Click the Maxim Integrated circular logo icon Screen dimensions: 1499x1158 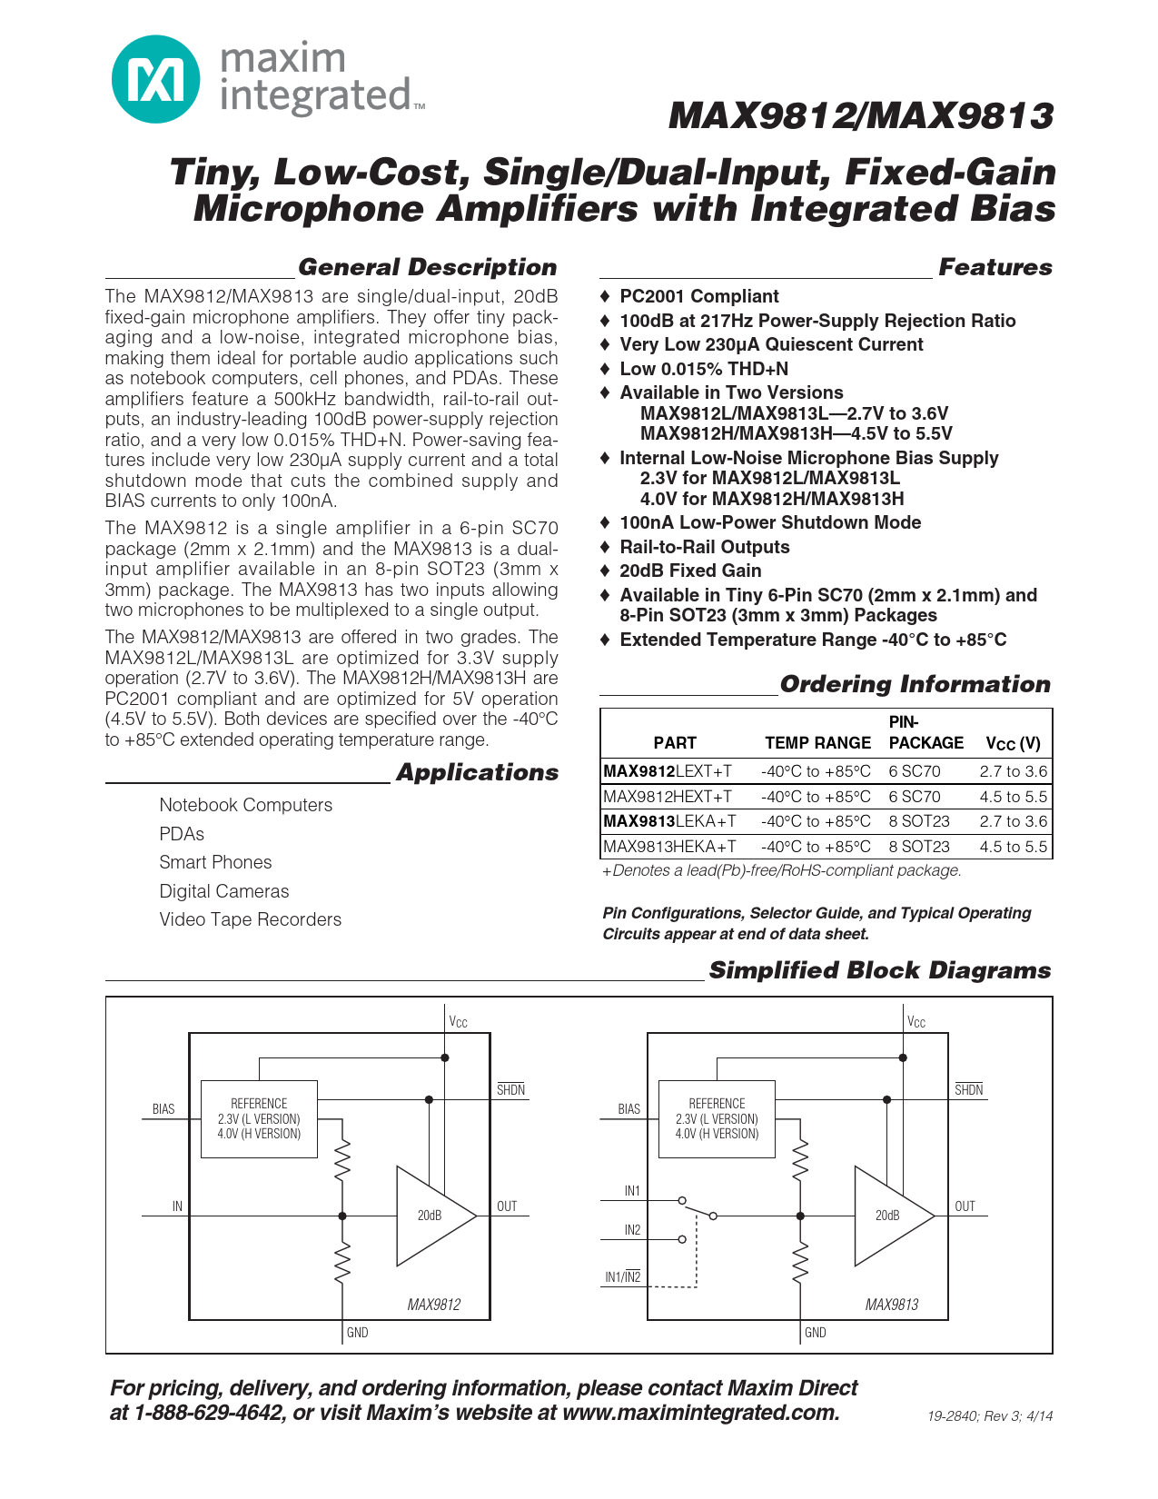click(155, 79)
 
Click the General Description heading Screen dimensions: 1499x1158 click(427, 267)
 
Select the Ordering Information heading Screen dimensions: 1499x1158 click(915, 684)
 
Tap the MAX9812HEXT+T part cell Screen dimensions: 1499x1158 click(668, 797)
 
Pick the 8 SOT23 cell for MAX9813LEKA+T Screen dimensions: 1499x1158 click(919, 821)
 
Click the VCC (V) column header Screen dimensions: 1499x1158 click(1013, 743)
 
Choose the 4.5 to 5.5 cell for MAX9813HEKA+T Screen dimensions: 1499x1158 click(1013, 847)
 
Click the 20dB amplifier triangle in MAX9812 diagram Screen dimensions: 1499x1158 click(432, 1216)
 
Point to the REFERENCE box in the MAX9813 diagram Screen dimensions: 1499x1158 click(717, 1118)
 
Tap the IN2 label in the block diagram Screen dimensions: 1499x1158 click(632, 1230)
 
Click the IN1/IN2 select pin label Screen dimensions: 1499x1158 click(623, 1277)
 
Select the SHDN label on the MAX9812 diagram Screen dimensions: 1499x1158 click(510, 1090)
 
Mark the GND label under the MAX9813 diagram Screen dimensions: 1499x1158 click(816, 1333)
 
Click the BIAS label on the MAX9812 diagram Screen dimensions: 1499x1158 click(163, 1109)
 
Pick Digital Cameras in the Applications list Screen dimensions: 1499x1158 click(224, 891)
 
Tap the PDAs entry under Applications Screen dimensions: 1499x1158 click(182, 834)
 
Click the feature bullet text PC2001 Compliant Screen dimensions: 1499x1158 click(699, 296)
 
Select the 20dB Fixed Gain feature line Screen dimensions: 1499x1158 click(690, 571)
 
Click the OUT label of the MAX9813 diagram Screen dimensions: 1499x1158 click(965, 1206)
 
